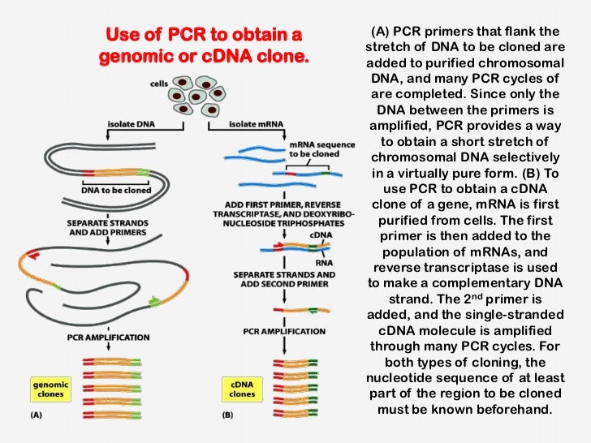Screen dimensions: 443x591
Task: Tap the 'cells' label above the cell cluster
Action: click(160, 84)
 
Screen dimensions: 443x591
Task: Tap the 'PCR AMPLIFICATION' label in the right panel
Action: click(284, 331)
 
